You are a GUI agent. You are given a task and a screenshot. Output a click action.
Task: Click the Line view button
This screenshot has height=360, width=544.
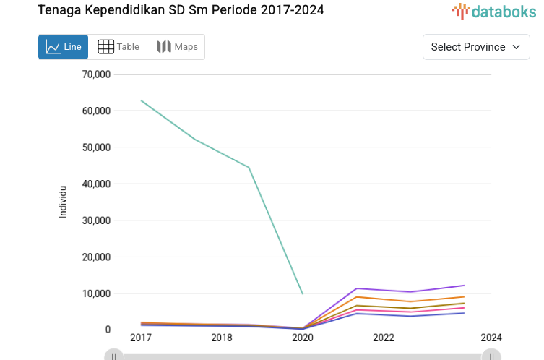pos(63,47)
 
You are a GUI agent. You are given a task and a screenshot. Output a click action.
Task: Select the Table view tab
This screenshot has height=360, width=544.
pos(118,47)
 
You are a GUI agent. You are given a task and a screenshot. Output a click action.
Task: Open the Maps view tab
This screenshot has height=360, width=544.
pos(177,47)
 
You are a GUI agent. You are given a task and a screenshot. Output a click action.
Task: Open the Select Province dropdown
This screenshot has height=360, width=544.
pos(475,47)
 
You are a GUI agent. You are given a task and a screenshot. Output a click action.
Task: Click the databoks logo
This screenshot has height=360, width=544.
pos(495,11)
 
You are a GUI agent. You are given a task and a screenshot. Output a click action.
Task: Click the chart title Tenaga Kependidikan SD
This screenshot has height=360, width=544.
pos(181,10)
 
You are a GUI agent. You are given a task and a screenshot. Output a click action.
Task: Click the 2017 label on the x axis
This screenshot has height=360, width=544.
pos(140,338)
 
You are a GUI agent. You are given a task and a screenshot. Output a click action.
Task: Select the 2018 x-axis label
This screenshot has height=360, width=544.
pos(221,338)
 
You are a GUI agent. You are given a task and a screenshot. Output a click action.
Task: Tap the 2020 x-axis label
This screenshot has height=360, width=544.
pos(302,338)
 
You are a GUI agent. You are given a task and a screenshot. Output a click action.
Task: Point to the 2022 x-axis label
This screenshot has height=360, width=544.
pos(383,338)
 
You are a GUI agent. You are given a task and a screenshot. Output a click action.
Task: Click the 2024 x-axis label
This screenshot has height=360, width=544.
pos(491,338)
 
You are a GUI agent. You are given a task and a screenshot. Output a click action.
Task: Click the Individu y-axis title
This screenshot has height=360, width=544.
pos(63,202)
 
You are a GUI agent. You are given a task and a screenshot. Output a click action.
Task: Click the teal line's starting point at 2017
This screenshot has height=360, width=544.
pos(141,100)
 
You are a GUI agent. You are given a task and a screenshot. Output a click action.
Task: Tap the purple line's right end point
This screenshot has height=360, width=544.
pos(464,286)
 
